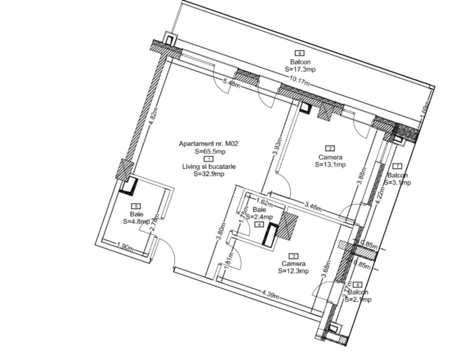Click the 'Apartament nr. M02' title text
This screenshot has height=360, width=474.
pyautogui.click(x=208, y=143)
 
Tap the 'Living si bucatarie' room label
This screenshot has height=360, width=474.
pyautogui.click(x=208, y=166)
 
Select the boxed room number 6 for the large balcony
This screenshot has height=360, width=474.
pyautogui.click(x=300, y=53)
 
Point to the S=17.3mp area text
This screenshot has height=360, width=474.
pyautogui.click(x=300, y=69)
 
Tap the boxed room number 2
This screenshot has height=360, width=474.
pyautogui.click(x=330, y=148)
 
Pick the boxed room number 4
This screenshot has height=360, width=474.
pyautogui.click(x=259, y=224)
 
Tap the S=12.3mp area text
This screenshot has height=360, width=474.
pyautogui.click(x=293, y=271)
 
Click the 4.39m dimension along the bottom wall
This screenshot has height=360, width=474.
pyautogui.click(x=270, y=294)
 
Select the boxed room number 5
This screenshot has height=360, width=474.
pyautogui.click(x=135, y=206)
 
